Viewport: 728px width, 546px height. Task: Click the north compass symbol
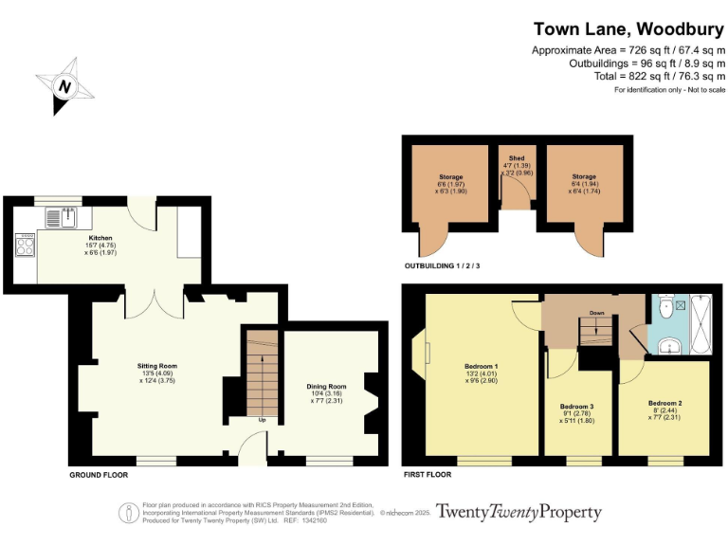[x=64, y=86]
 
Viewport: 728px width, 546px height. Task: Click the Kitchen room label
[x=100, y=238]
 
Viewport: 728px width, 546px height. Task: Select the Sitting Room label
[x=156, y=365]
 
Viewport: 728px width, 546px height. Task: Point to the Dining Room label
[x=325, y=387]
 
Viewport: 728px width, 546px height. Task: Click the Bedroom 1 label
[x=482, y=366]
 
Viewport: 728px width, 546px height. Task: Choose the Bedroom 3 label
[x=576, y=406]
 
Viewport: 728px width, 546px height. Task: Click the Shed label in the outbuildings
[x=517, y=158]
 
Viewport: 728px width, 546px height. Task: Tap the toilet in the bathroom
[x=666, y=306]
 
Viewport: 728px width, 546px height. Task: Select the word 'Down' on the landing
[x=596, y=312]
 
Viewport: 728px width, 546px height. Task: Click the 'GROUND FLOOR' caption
[x=100, y=472]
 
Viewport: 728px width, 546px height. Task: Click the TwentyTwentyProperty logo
[x=518, y=513]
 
